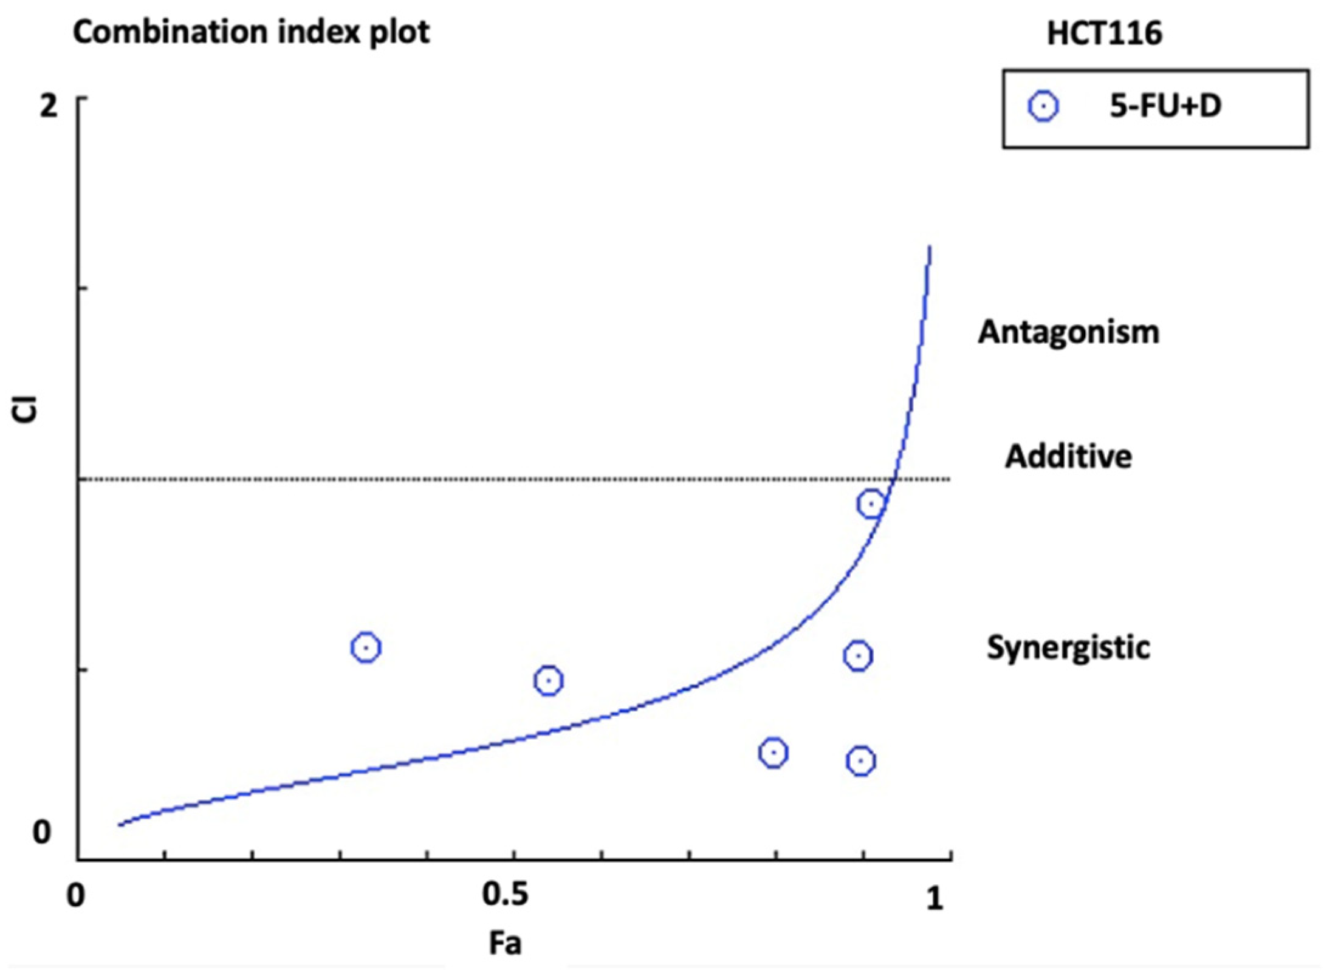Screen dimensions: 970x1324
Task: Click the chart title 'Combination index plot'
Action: [251, 32]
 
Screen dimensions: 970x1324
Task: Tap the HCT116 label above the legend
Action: [1104, 33]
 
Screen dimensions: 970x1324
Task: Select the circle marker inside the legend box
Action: [1043, 107]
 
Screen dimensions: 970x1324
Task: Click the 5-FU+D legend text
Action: [1165, 107]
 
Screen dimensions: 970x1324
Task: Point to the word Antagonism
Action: [1068, 332]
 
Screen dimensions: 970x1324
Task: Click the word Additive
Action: [1068, 456]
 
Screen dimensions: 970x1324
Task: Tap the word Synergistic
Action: [1068, 647]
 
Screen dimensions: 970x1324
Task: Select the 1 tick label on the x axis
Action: [935, 898]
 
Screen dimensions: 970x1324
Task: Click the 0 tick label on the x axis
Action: [76, 896]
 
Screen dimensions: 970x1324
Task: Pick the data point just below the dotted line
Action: [871, 504]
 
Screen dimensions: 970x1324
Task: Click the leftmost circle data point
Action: [366, 647]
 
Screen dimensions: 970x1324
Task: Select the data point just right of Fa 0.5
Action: [549, 681]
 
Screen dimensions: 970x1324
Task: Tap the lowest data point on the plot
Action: [860, 760]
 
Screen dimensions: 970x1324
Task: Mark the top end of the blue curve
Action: [929, 247]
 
